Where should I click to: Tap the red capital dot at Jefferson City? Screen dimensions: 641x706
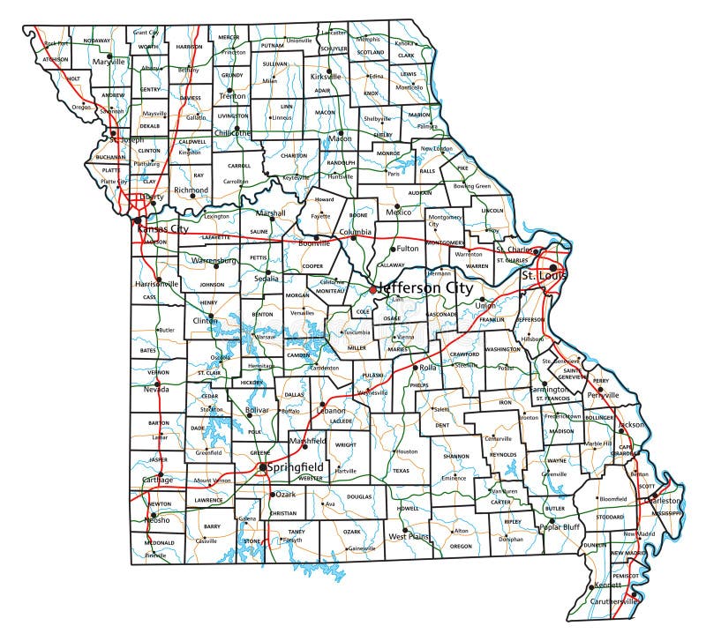tap(373, 288)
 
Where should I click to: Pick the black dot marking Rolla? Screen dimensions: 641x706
tap(415, 367)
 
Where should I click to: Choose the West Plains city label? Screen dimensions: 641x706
tap(409, 535)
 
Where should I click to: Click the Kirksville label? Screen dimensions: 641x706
tap(332, 77)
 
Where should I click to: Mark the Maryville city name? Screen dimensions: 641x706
tap(110, 62)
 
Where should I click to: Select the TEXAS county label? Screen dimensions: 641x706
tap(402, 471)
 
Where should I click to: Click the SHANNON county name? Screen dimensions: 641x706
tap(456, 456)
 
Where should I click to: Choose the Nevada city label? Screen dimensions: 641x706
tap(156, 390)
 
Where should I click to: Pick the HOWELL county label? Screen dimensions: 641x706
tap(408, 509)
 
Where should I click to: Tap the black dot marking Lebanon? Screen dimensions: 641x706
tap(323, 405)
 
